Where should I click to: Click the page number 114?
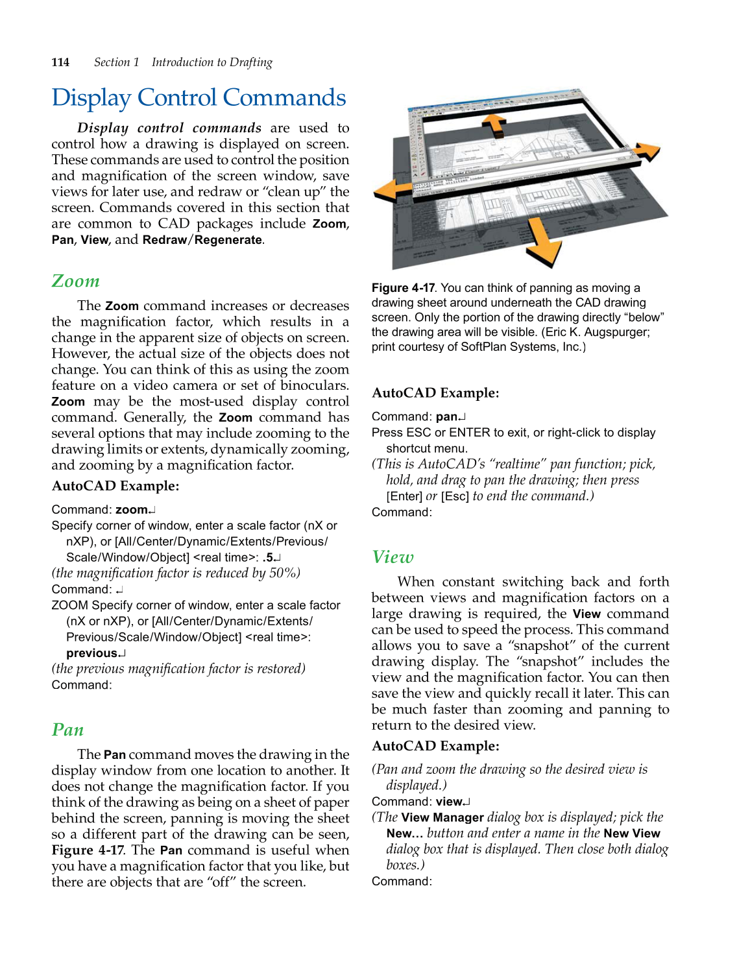(60, 62)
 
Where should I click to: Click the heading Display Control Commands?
(199, 98)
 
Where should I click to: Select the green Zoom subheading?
(76, 281)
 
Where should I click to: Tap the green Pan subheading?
(68, 730)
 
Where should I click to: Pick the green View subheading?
(393, 557)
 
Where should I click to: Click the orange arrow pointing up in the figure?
(495, 125)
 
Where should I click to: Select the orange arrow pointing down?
(542, 241)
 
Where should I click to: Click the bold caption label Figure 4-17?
(403, 288)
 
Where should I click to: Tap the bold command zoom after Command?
(132, 510)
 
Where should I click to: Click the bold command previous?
(92, 653)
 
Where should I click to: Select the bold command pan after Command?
(447, 416)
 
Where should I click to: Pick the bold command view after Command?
(449, 802)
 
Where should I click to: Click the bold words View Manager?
(442, 818)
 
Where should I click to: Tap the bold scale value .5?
(268, 557)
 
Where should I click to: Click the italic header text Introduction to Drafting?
(212, 62)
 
